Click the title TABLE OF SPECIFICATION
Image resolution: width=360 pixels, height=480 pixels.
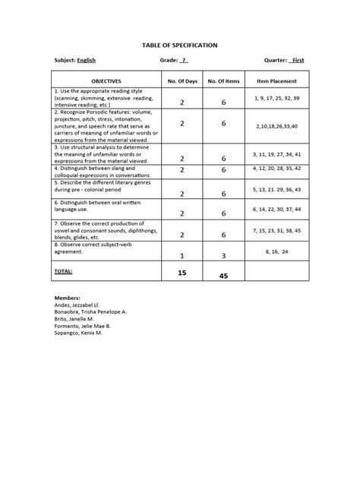180,46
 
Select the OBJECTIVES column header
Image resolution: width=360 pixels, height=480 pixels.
106,81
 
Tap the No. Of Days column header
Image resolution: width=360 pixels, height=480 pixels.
182,81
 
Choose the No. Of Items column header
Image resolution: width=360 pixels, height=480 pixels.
223,81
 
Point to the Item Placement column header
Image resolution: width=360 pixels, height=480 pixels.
276,81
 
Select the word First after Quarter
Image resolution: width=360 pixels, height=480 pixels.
298,59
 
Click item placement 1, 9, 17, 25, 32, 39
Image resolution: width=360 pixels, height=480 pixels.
276,99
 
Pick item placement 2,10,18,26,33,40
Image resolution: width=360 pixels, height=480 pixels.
277,125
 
